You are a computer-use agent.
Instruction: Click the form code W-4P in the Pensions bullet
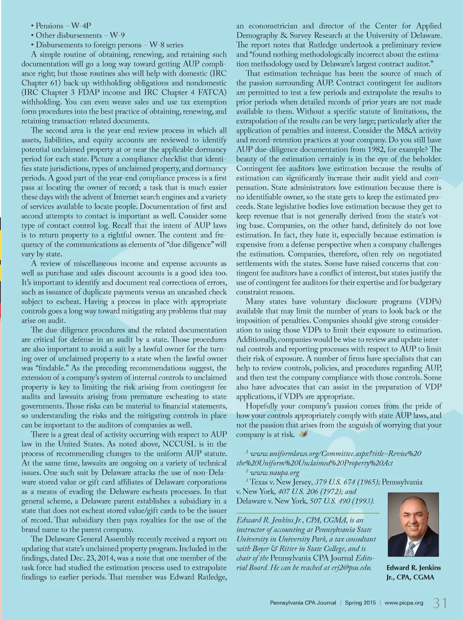click(81, 26)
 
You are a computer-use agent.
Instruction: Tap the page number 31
click(440, 603)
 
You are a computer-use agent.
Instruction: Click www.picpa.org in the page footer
click(404, 603)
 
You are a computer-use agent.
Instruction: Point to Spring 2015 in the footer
click(360, 603)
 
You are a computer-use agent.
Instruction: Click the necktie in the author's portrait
click(411, 546)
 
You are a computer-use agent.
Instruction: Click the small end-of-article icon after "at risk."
click(303, 434)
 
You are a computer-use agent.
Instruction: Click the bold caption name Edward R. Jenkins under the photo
click(413, 568)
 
